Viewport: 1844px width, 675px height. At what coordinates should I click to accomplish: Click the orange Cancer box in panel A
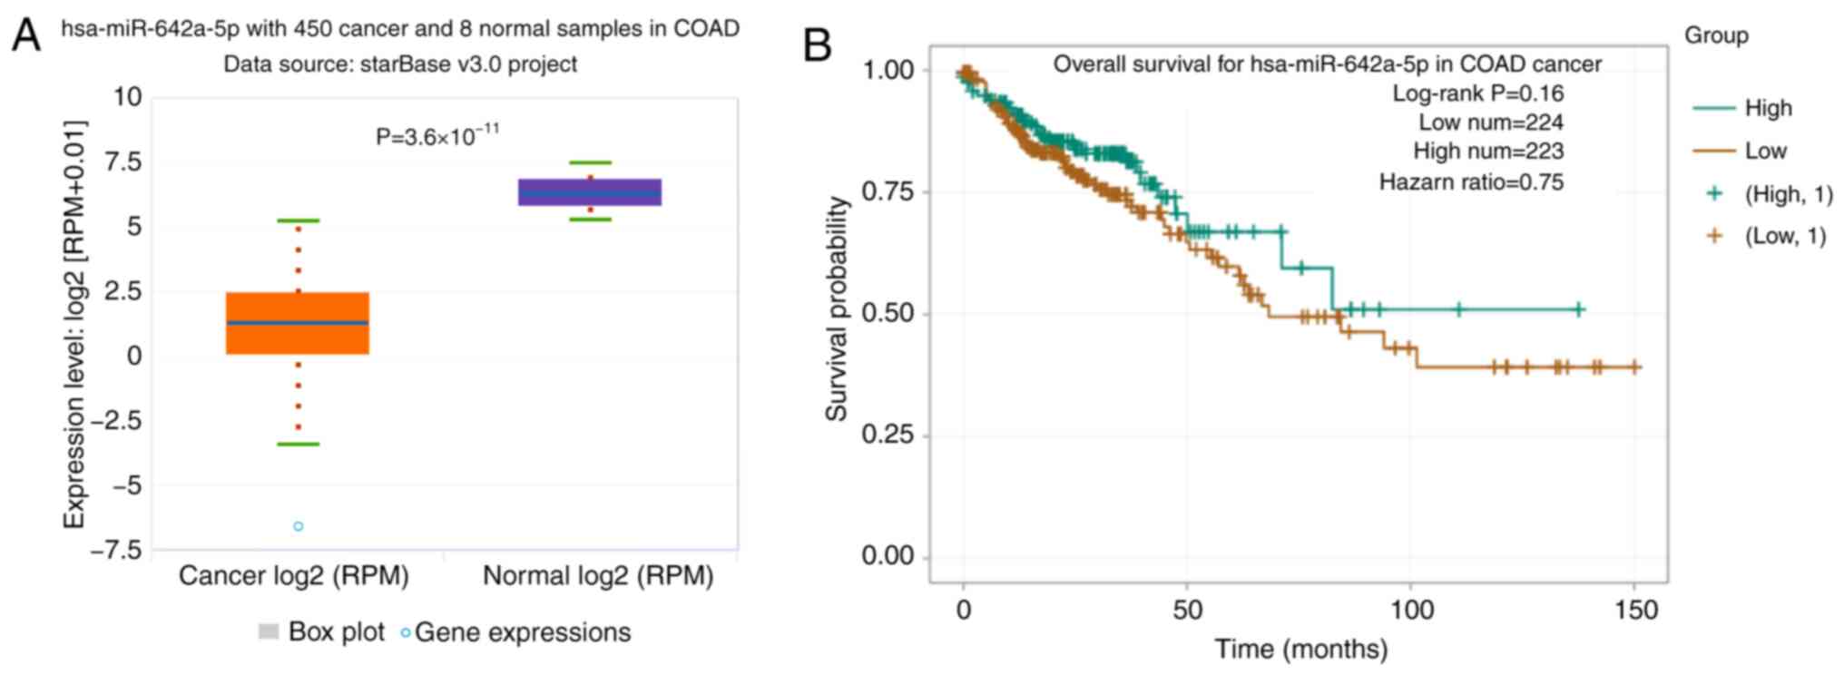coord(298,323)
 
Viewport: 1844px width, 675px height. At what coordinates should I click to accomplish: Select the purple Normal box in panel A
coord(590,192)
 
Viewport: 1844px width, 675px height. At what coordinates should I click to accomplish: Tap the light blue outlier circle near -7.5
coord(298,526)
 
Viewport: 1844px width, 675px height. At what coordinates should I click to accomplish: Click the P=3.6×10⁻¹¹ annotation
coord(437,136)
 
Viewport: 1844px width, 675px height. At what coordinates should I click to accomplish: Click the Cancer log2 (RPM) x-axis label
coord(294,575)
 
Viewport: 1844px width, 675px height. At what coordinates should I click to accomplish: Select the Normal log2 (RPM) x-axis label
coord(598,575)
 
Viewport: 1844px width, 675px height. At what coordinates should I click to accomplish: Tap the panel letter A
coord(26,36)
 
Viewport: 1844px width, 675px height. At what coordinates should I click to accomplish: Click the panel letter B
coord(818,44)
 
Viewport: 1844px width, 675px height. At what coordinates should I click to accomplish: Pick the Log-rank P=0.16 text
coord(1478,93)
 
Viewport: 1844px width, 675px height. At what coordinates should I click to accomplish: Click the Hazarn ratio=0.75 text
coord(1471,182)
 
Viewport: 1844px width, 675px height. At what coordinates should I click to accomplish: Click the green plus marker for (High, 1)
coord(1714,193)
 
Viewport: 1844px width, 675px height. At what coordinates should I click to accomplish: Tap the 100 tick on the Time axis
coord(1411,609)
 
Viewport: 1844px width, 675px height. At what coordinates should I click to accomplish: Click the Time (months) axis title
coord(1301,650)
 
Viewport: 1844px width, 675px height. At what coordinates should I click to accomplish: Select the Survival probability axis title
coord(836,309)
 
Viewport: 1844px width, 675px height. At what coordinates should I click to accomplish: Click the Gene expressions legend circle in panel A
coord(406,632)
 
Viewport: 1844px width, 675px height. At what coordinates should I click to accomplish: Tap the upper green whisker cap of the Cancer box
coord(298,220)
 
